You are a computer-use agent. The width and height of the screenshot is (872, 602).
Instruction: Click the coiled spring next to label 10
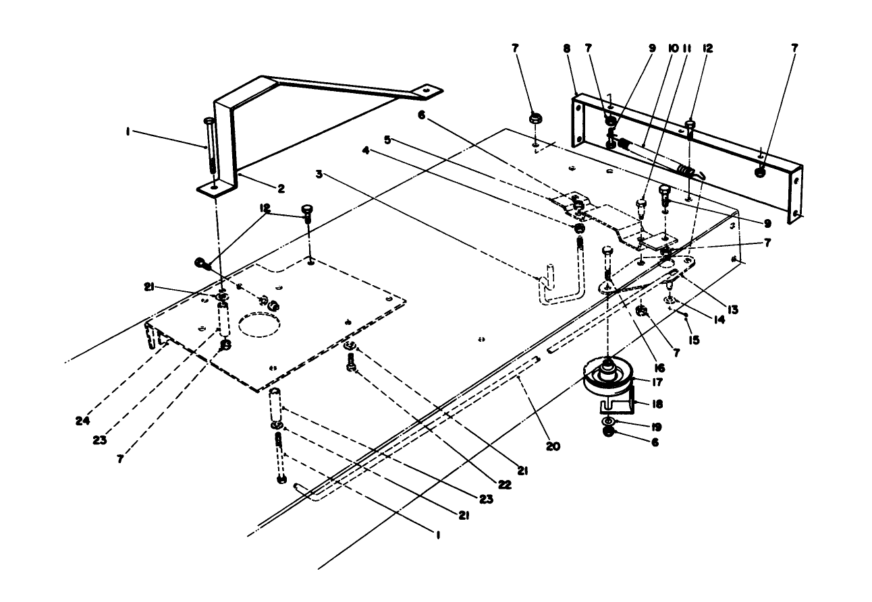686,170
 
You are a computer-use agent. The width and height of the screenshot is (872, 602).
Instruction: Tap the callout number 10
672,49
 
